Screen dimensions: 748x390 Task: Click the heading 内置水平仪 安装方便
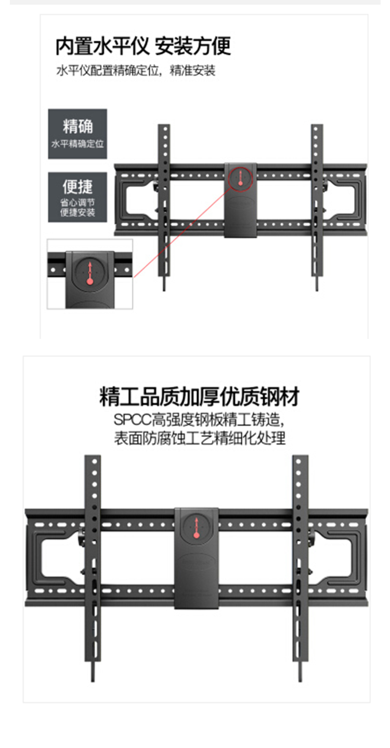143,46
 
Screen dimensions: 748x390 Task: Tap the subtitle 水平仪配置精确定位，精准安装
136,71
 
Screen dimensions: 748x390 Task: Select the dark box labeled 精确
77,133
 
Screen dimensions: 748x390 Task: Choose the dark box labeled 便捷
77,197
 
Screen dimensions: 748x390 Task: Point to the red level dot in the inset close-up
90,282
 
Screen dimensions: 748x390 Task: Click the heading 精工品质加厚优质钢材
199,396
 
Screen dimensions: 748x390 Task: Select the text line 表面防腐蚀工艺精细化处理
200,438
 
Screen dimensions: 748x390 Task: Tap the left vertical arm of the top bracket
164,203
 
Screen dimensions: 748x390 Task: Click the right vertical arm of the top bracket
317,203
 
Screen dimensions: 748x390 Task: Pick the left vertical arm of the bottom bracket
93,562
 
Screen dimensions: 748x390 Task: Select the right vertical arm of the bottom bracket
300,562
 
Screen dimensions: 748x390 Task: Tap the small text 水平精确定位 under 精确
77,143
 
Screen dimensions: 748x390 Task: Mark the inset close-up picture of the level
90,274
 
